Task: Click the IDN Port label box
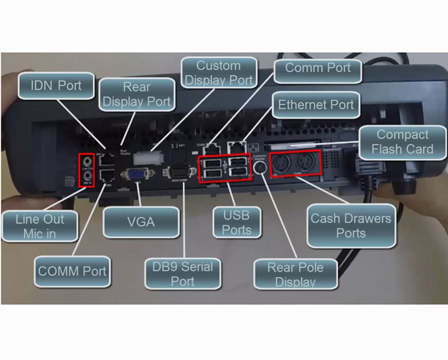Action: click(x=56, y=86)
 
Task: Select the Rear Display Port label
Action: click(x=136, y=94)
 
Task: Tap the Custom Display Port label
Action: click(x=218, y=73)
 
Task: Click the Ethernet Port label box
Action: click(x=316, y=105)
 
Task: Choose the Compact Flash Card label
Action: click(x=402, y=142)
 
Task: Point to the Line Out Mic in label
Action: click(x=40, y=226)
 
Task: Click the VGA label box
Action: click(x=140, y=222)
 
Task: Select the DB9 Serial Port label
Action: click(x=182, y=274)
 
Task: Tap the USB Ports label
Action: click(x=236, y=222)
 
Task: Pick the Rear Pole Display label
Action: click(x=295, y=274)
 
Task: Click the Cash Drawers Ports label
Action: click(x=350, y=225)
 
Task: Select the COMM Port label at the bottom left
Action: click(x=72, y=271)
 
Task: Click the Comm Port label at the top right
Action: click(x=318, y=68)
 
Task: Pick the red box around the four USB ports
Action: click(x=225, y=167)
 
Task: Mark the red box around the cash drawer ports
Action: click(x=294, y=162)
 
